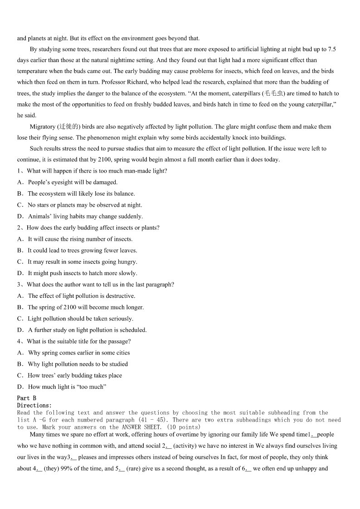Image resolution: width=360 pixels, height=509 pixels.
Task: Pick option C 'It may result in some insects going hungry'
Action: (x=82, y=262)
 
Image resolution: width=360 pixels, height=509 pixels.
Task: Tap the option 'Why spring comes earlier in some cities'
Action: (x=78, y=353)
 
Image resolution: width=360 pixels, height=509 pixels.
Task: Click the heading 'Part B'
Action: (x=27, y=398)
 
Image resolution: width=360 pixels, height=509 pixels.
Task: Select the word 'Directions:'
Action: (x=34, y=405)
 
